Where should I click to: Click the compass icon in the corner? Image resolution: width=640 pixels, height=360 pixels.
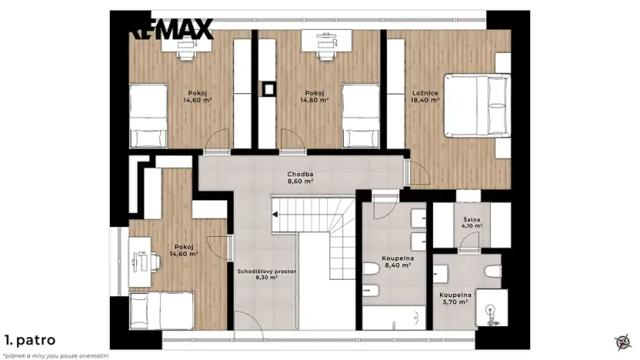(x=622, y=342)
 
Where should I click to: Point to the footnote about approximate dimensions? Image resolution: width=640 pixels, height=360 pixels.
(x=55, y=354)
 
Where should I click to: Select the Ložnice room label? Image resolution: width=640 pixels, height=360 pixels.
(x=425, y=92)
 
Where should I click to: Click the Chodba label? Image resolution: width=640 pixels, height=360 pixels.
(x=299, y=173)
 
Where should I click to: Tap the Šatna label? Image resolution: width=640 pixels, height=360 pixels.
(x=472, y=218)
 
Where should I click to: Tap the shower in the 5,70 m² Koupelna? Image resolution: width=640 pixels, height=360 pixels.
(x=490, y=311)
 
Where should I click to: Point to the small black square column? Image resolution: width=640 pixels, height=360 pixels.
(x=268, y=88)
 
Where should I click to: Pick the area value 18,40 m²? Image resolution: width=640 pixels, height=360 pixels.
(x=425, y=100)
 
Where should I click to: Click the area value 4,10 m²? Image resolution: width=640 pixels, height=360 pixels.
(x=472, y=226)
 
